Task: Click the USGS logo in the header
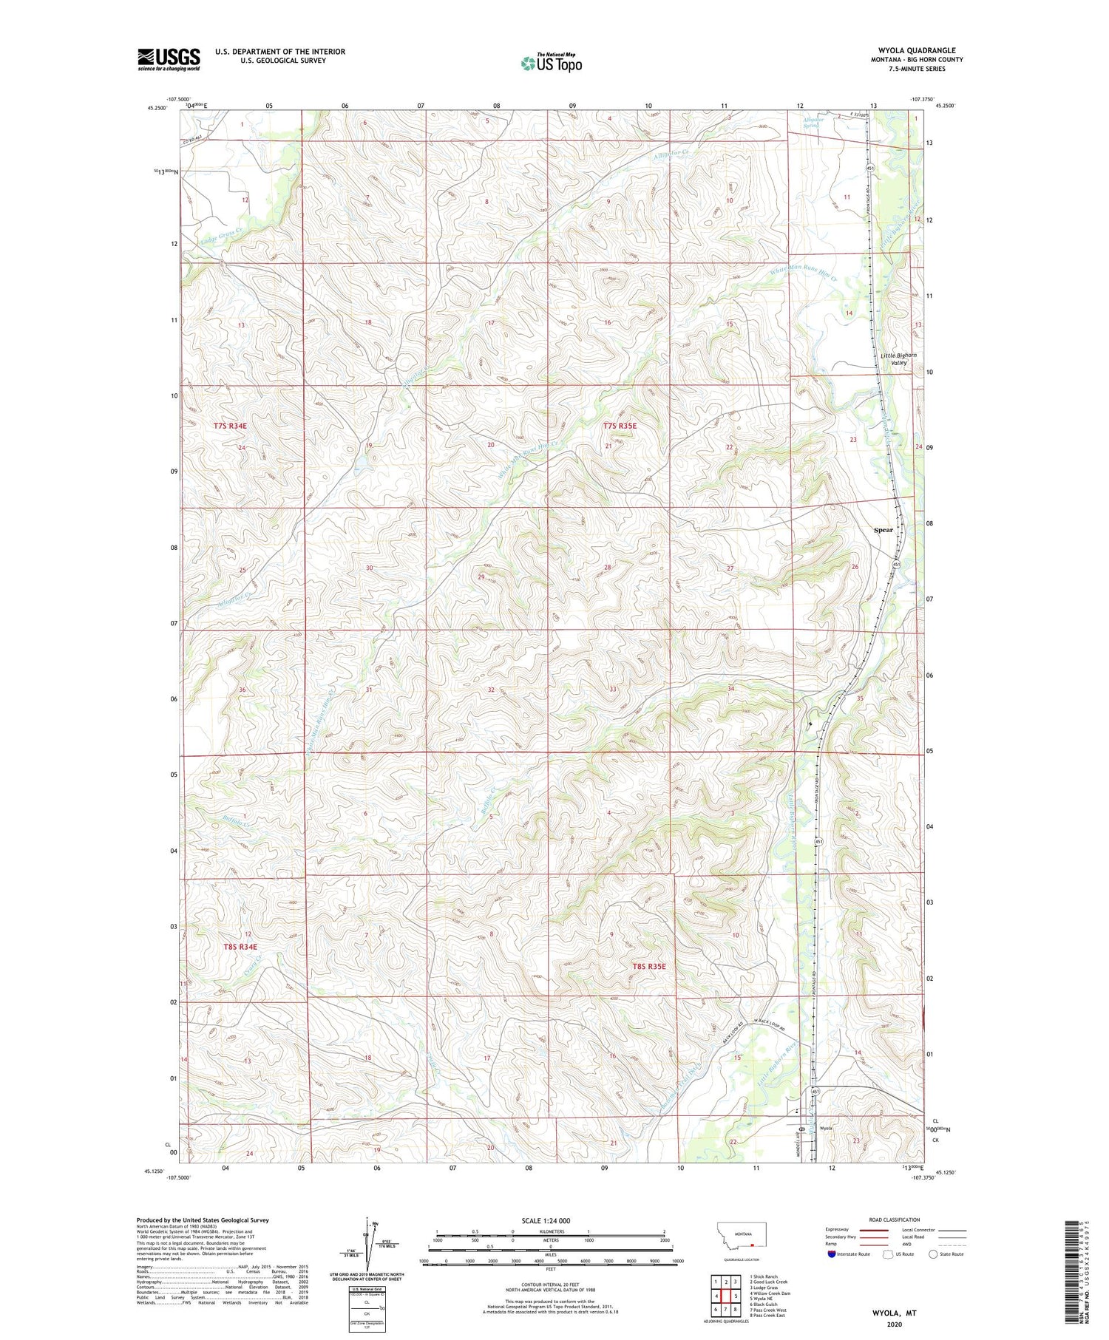click(169, 59)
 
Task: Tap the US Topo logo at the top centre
click(551, 64)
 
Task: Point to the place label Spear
click(883, 530)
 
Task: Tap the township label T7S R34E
click(229, 426)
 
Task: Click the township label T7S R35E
click(620, 426)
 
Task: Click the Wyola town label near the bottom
click(826, 1129)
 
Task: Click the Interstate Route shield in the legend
click(832, 1254)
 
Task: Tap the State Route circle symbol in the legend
click(933, 1254)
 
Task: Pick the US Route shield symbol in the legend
click(888, 1254)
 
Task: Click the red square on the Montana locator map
click(753, 1244)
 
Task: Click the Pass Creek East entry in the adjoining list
click(767, 1316)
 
